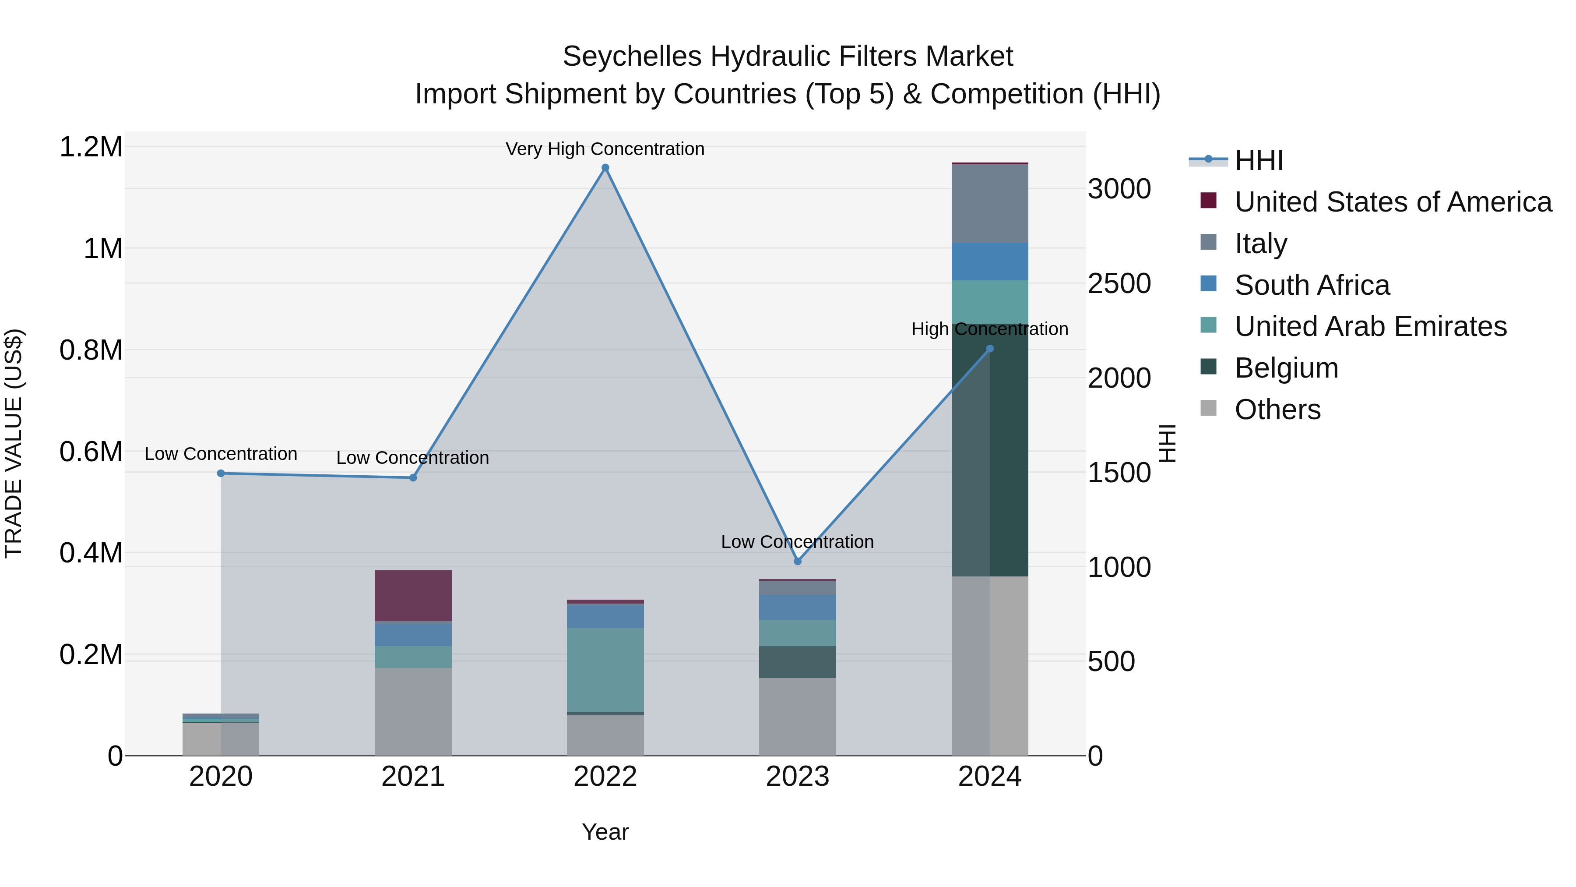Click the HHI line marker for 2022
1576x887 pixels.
[605, 168]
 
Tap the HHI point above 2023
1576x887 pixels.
[797, 562]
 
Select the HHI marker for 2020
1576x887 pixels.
[221, 473]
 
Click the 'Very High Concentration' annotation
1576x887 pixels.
[605, 149]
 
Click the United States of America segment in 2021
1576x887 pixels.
[413, 596]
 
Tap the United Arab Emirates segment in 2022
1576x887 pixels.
[605, 670]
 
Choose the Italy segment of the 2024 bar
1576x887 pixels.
[990, 203]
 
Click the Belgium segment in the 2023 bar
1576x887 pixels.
[797, 662]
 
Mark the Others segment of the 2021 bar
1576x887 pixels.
[413, 711]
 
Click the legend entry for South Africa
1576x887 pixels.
[1312, 285]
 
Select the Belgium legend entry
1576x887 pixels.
[1286, 368]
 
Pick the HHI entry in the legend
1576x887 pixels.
[1259, 160]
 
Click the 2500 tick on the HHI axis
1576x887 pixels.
[1119, 283]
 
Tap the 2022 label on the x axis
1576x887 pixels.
[605, 777]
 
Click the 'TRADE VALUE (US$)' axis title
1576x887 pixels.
[14, 443]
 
